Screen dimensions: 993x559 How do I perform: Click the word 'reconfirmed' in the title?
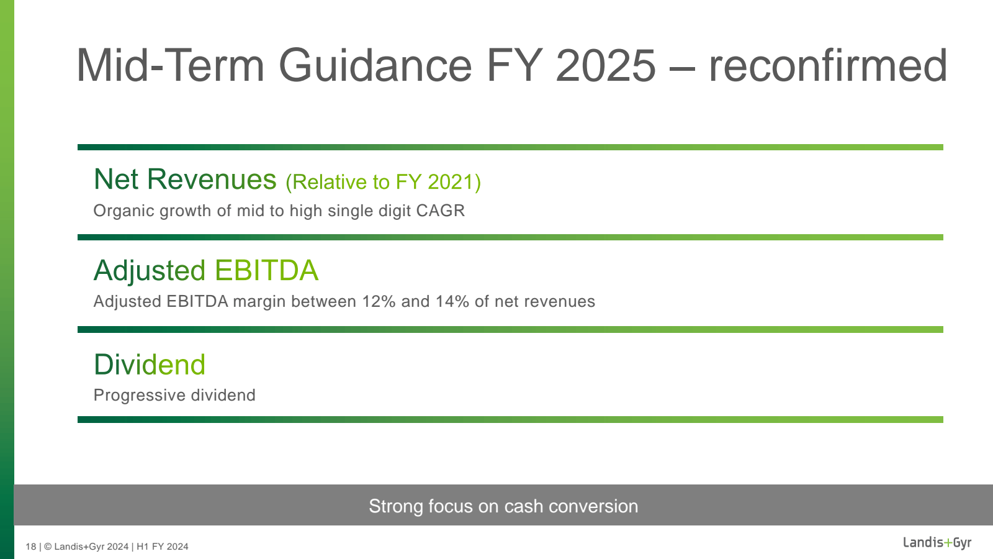(828, 65)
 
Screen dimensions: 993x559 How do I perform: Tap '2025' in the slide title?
(605, 65)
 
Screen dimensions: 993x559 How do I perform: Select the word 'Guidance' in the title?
(375, 65)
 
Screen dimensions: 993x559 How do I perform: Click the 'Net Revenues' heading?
(185, 180)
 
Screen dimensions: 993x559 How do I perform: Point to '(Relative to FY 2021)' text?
(383, 182)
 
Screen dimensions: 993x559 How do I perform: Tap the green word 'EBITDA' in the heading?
(266, 270)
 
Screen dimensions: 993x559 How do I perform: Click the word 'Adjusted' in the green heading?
(150, 271)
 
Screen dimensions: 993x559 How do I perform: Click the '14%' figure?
(452, 302)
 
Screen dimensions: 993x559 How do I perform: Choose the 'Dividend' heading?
(150, 365)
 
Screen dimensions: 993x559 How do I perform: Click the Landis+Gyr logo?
(937, 543)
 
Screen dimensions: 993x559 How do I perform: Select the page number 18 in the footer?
(30, 547)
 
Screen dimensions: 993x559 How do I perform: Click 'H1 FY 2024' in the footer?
(162, 547)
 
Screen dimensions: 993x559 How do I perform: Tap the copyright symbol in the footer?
(48, 547)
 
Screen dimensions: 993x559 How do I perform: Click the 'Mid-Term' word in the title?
(170, 65)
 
